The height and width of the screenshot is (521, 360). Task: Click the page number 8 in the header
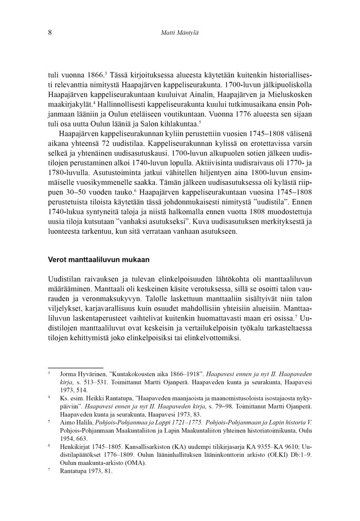[x=49, y=32]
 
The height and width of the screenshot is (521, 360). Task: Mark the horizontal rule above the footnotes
[x=68, y=368]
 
